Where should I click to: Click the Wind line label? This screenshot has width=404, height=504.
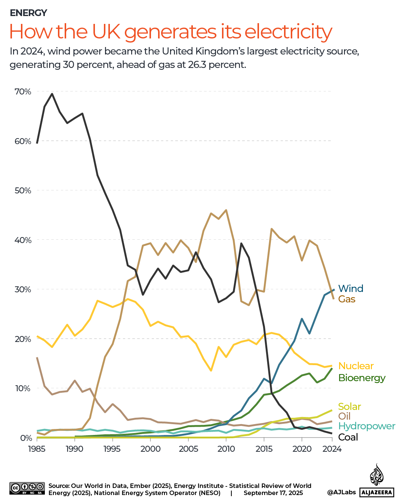click(x=351, y=288)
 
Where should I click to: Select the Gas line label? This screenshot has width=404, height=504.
click(x=346, y=299)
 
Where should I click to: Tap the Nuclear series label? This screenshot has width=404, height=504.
click(x=356, y=366)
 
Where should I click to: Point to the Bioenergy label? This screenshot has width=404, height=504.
click(x=362, y=378)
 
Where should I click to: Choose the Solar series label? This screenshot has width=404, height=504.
click(x=349, y=406)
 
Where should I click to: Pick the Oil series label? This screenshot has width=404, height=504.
click(x=344, y=416)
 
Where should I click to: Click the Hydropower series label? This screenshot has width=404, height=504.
click(x=367, y=426)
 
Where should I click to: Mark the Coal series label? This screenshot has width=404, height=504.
click(x=348, y=437)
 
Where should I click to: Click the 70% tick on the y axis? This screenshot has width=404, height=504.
click(x=23, y=91)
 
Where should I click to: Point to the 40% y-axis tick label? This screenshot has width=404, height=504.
click(x=23, y=240)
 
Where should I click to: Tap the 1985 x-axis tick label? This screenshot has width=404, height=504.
click(x=37, y=449)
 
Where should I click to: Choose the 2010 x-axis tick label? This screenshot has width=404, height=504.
click(x=226, y=449)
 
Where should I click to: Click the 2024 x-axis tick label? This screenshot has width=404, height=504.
click(x=332, y=449)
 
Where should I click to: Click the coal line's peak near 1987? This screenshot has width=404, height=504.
click(x=52, y=94)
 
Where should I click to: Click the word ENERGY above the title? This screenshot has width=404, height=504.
click(x=28, y=13)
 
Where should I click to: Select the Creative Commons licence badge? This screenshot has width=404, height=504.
click(x=27, y=488)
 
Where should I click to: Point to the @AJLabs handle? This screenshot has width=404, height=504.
click(x=341, y=492)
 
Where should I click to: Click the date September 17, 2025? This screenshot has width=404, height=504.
click(x=273, y=493)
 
